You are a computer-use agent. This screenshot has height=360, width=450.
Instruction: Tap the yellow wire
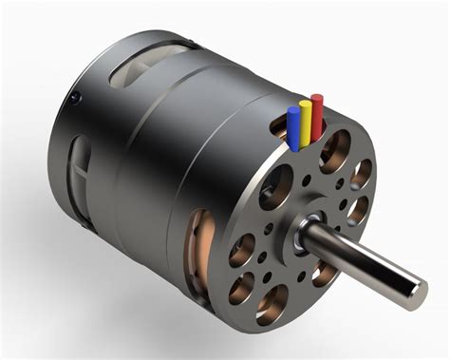305,120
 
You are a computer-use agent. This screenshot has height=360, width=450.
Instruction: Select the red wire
317,110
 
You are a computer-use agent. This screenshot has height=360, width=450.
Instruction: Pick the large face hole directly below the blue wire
281,184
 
